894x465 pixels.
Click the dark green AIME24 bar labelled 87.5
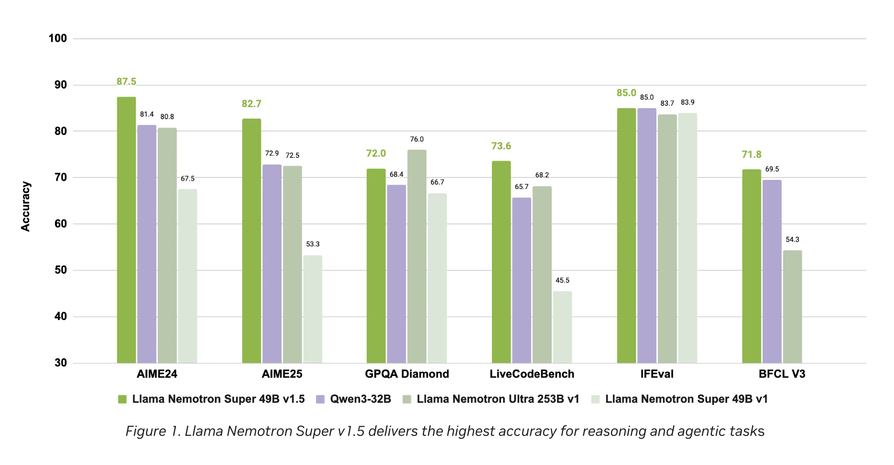[x=126, y=230]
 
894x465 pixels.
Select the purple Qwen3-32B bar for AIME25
[x=272, y=263]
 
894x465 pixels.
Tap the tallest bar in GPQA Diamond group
[x=416, y=256]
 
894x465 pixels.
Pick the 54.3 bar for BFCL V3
[x=792, y=306]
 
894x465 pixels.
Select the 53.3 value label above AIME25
[x=313, y=244]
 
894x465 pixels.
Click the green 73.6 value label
[x=501, y=146]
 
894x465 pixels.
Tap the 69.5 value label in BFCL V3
[x=772, y=169]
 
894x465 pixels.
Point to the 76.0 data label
[x=416, y=139]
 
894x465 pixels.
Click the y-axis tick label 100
[x=57, y=38]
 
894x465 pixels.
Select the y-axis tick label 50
[x=61, y=270]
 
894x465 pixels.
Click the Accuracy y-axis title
[x=25, y=206]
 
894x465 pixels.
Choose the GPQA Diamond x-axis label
[x=407, y=374]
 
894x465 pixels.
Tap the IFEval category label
[x=657, y=374]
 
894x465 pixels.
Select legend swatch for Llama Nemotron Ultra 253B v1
[x=407, y=399]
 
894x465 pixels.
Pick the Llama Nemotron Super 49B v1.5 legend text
[x=218, y=399]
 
